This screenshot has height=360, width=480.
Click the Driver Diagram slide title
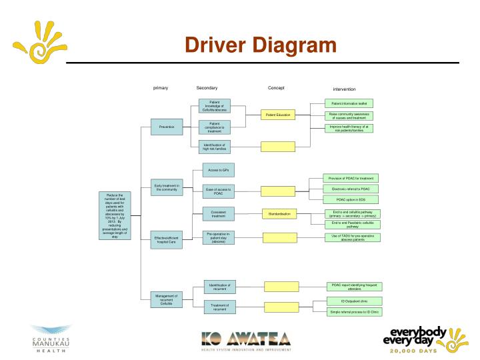(x=261, y=45)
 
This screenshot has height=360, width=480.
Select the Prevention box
(x=166, y=127)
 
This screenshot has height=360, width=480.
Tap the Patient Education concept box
(x=278, y=115)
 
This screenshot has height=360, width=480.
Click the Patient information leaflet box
(x=349, y=103)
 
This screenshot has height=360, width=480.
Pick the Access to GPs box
(x=218, y=171)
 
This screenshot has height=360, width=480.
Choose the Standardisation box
(x=278, y=214)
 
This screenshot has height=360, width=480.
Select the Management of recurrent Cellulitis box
(x=166, y=300)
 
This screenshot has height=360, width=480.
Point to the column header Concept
(x=276, y=88)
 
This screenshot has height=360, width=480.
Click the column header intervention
(x=344, y=89)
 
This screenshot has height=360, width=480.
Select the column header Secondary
(x=207, y=88)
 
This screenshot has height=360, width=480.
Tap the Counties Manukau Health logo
(x=51, y=338)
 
